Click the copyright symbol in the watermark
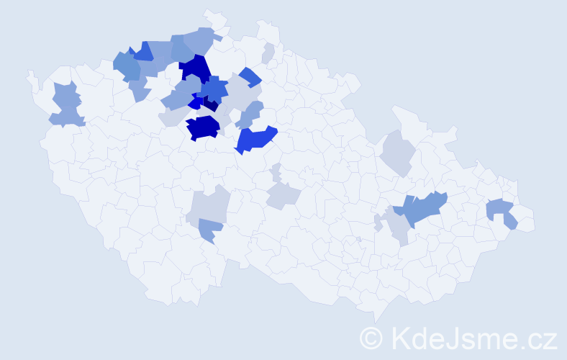click(371, 337)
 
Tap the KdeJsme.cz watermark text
click(473, 337)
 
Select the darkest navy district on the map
click(210, 105)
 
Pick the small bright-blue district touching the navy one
click(195, 103)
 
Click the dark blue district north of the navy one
click(194, 69)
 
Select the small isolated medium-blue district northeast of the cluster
click(250, 76)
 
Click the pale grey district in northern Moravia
click(396, 152)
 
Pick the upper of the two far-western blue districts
click(66, 94)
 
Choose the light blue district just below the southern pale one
click(210, 230)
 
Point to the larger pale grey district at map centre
click(282, 194)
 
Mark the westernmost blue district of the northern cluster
click(127, 66)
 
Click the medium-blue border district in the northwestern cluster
click(142, 50)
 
